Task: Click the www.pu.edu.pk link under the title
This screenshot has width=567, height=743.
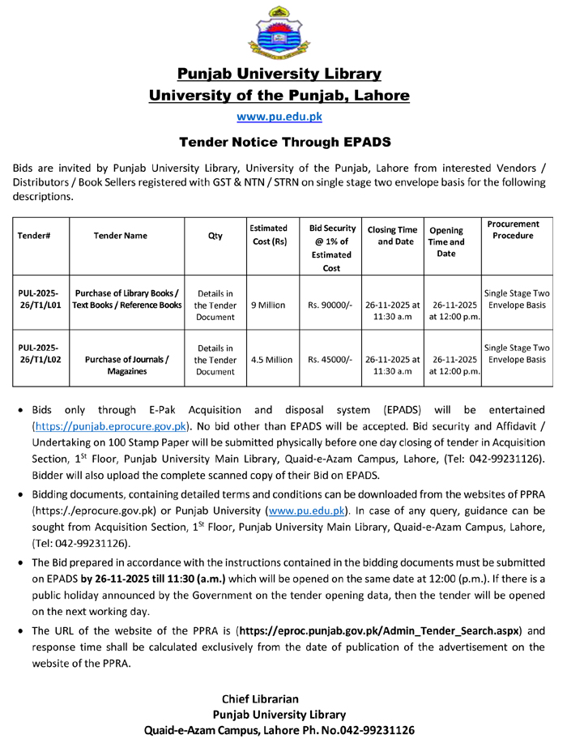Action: point(279,117)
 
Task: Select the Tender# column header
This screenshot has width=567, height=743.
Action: point(35,236)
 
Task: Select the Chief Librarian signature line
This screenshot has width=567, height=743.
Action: point(260,698)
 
